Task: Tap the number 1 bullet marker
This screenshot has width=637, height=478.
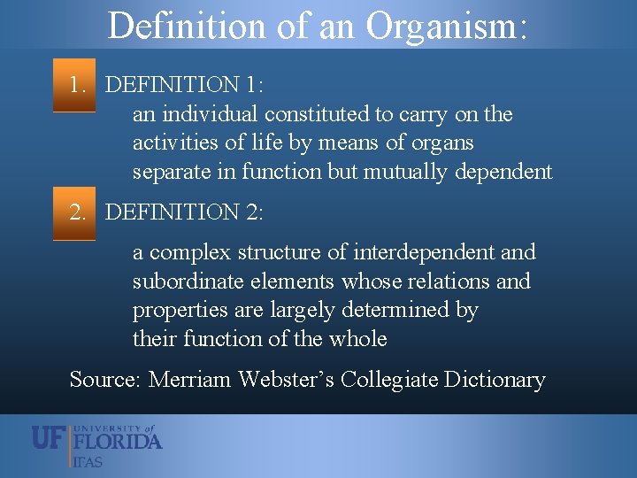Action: point(78,85)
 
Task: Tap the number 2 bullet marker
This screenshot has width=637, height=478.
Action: point(78,212)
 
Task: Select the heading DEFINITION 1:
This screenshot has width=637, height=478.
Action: point(184,85)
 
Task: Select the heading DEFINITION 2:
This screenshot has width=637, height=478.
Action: point(184,212)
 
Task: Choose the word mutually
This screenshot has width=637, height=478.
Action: point(405,172)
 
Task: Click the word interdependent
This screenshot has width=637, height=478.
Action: point(424,252)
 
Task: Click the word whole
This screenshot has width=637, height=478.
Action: point(357,339)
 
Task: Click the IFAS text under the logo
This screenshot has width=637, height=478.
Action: point(88,461)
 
